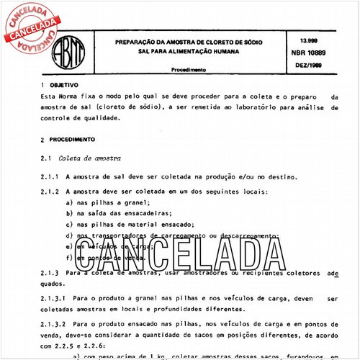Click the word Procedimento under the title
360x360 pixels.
coord(189,70)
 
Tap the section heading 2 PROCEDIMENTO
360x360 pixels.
coord(68,140)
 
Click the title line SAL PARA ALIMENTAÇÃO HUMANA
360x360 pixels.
coord(189,53)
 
